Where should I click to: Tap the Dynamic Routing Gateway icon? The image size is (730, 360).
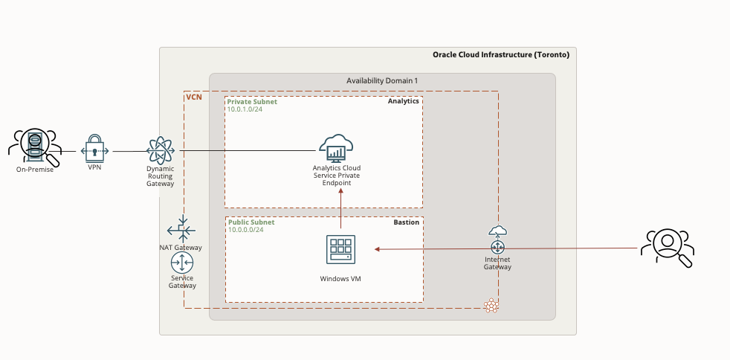pyautogui.click(x=160, y=150)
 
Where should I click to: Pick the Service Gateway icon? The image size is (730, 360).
pyautogui.click(x=182, y=263)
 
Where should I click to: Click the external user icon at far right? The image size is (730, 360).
pyautogui.click(x=668, y=246)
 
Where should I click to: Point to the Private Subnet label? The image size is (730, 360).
pyautogui.click(x=252, y=102)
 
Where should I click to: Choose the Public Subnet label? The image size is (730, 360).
pyautogui.click(x=251, y=222)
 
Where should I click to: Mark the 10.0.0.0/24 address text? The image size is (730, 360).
pyautogui.click(x=246, y=230)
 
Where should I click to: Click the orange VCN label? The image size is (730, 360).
pyautogui.click(x=193, y=97)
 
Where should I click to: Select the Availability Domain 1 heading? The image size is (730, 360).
pyautogui.click(x=382, y=80)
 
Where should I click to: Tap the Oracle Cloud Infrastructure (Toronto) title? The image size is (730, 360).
pyautogui.click(x=500, y=55)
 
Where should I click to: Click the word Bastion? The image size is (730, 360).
pyautogui.click(x=406, y=222)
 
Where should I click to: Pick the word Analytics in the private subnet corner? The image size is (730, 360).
pyautogui.click(x=403, y=101)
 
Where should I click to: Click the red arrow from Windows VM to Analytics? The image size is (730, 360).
pyautogui.click(x=340, y=210)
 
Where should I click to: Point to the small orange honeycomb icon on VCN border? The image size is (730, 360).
pyautogui.click(x=491, y=305)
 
